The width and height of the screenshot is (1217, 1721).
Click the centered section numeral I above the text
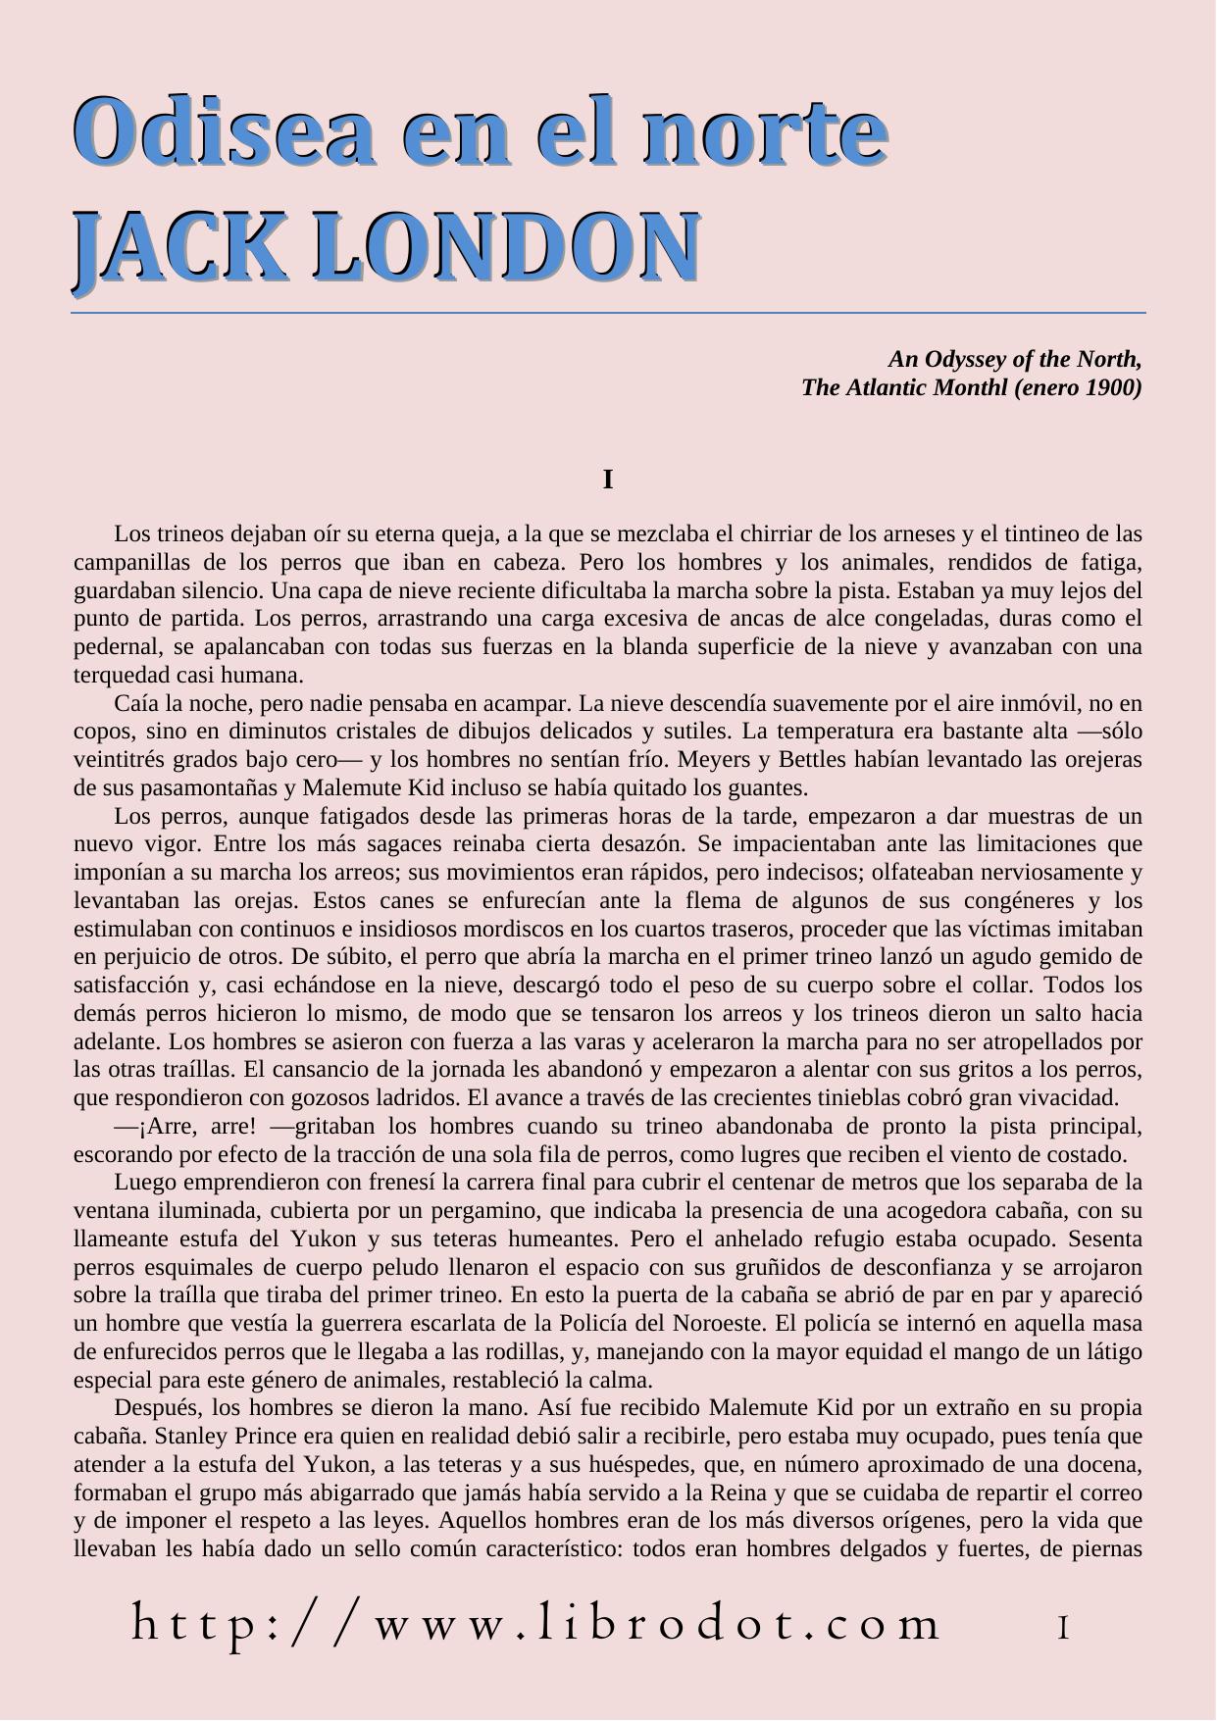pyautogui.click(x=608, y=481)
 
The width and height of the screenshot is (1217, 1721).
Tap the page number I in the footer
pyautogui.click(x=1063, y=1629)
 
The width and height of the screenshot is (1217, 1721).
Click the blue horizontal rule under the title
pyautogui.click(x=608, y=313)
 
